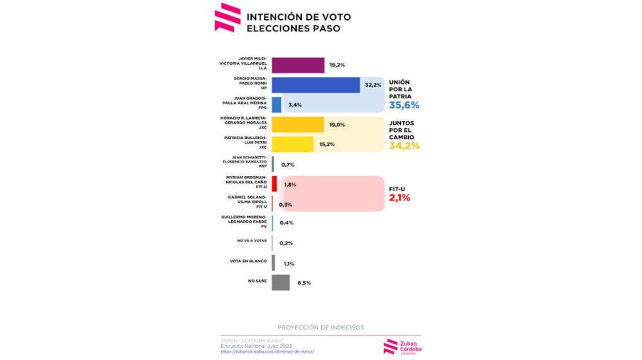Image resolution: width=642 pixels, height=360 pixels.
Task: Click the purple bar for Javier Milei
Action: (297, 66)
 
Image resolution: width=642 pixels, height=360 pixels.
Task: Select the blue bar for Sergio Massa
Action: (315, 85)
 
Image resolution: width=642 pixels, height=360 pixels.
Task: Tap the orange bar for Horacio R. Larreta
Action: (297, 125)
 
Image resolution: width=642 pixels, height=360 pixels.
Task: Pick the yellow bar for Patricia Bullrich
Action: (292, 144)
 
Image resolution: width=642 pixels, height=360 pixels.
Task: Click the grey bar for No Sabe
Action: (280, 282)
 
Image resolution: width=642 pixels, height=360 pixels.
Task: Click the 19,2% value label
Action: (337, 66)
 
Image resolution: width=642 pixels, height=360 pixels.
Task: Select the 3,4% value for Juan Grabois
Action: (295, 105)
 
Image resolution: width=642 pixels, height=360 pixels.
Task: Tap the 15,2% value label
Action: (327, 144)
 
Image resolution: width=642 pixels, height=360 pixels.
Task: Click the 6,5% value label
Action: (304, 283)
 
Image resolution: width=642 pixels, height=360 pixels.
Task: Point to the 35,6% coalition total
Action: (404, 105)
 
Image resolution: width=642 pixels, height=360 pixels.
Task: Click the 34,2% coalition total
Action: (404, 145)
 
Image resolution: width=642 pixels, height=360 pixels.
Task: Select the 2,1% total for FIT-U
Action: (399, 198)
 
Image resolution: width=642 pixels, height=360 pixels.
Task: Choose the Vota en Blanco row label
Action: (248, 262)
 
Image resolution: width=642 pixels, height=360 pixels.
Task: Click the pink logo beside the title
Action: (228, 18)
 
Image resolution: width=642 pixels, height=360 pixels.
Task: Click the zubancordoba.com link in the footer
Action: (267, 351)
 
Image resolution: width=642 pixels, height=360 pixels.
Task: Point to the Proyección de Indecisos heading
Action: (320, 327)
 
